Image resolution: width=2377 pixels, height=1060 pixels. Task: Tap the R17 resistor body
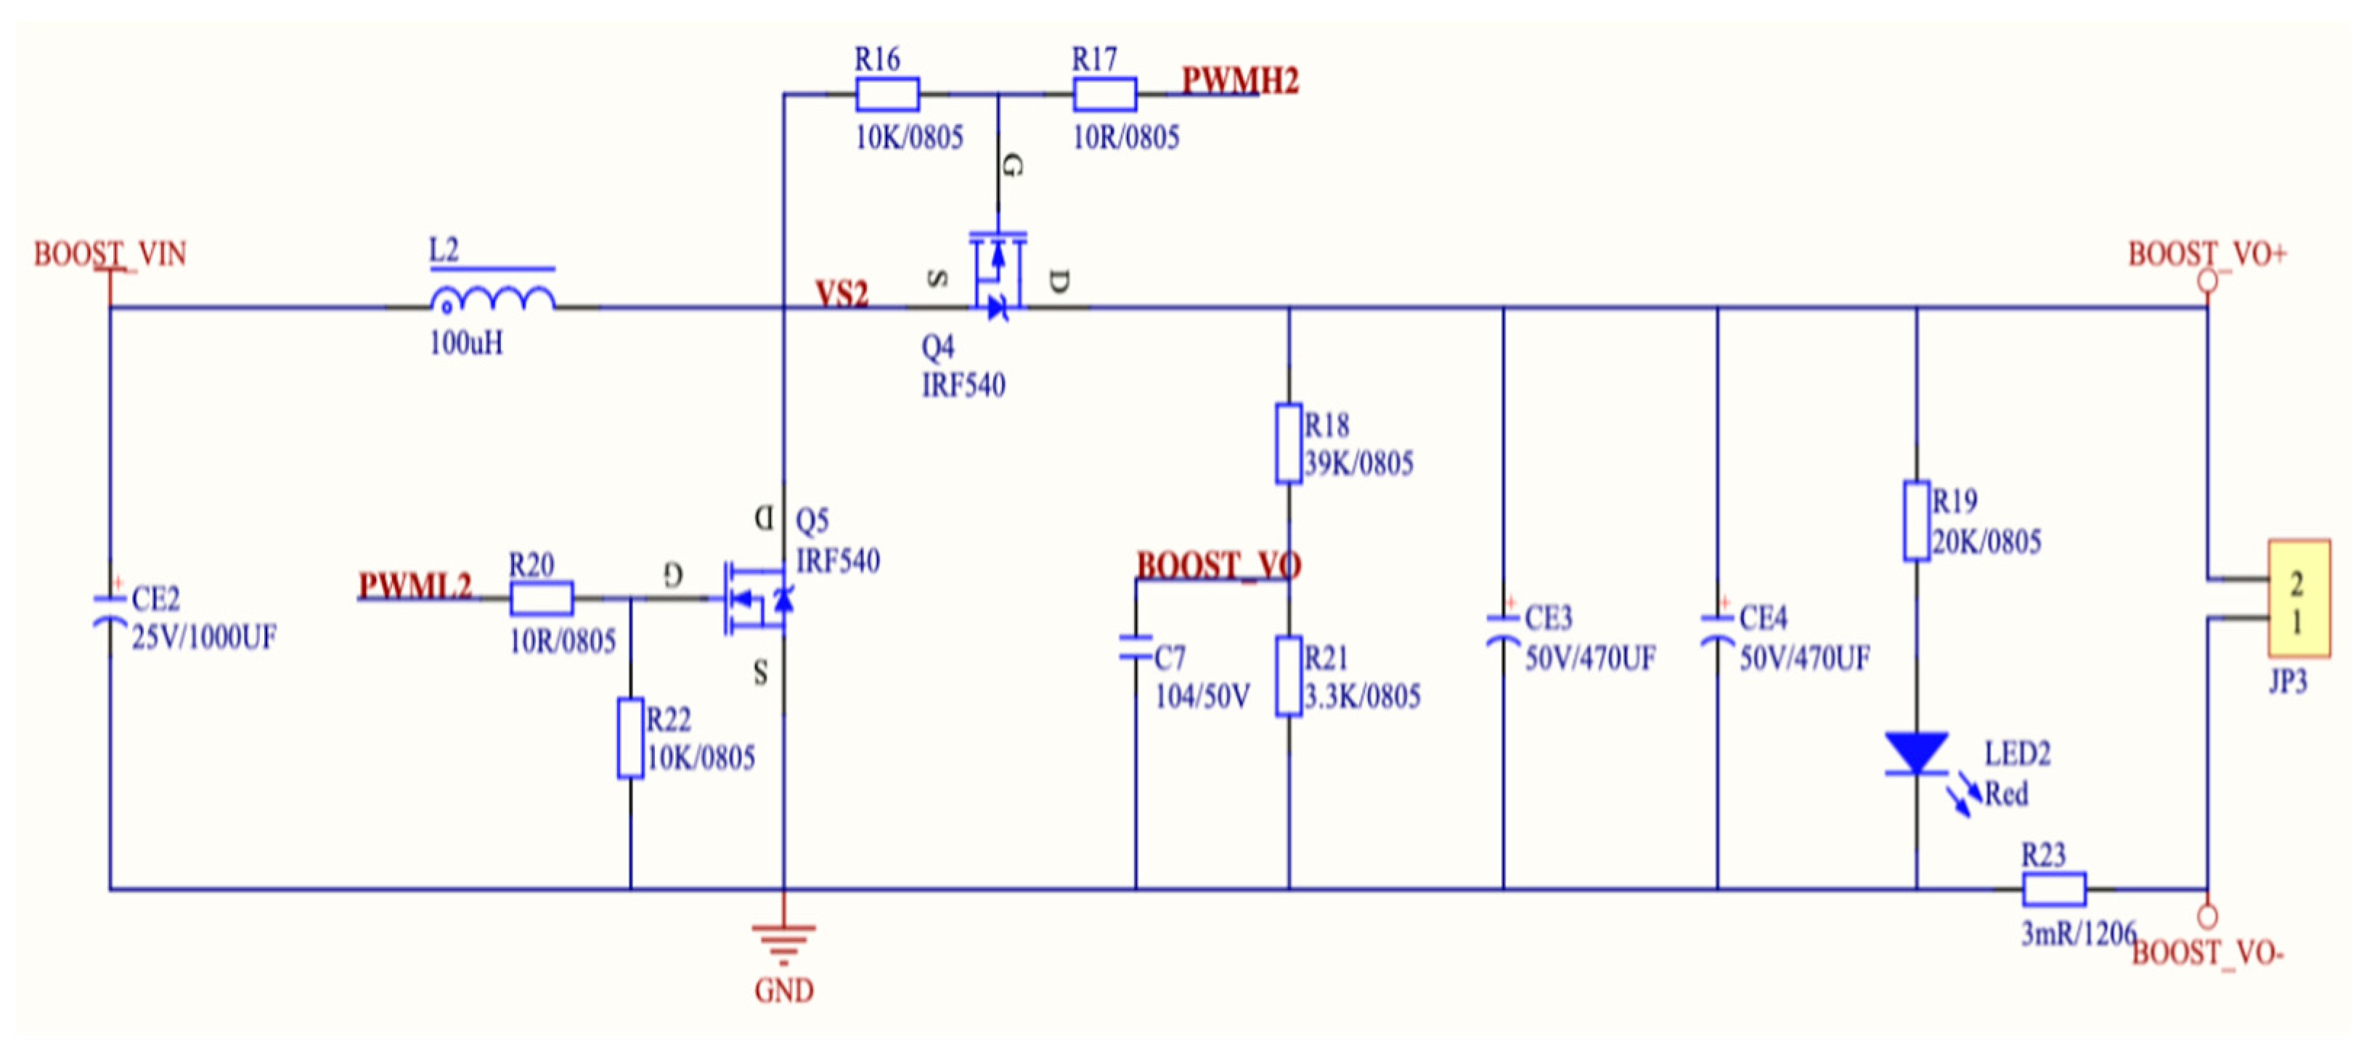pyautogui.click(x=1104, y=94)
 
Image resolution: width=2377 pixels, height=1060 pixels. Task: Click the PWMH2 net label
pyautogui.click(x=1239, y=81)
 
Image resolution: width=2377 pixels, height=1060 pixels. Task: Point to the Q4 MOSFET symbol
pyautogui.click(x=998, y=274)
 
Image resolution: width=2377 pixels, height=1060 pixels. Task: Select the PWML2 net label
pyautogui.click(x=415, y=585)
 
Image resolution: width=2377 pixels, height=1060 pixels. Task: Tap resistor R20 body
pyautogui.click(x=542, y=598)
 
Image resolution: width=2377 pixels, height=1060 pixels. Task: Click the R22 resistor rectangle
pyautogui.click(x=630, y=738)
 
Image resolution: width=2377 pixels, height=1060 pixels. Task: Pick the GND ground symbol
pyautogui.click(x=783, y=941)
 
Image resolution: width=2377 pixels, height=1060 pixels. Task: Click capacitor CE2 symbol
pyautogui.click(x=110, y=611)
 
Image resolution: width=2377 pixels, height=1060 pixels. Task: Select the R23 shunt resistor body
pyautogui.click(x=2054, y=889)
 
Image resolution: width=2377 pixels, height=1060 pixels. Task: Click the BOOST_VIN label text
pyautogui.click(x=110, y=253)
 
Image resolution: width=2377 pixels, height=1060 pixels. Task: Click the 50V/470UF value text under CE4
pyautogui.click(x=1804, y=658)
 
